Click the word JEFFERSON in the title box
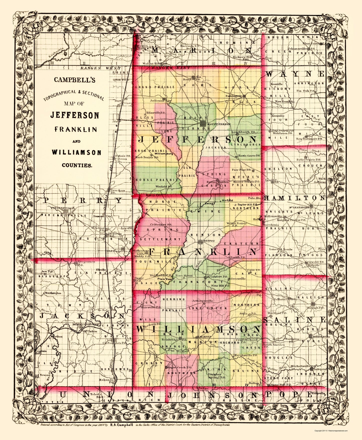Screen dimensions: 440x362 pyautogui.click(x=75, y=115)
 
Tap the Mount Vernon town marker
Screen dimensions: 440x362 pyautogui.click(x=203, y=123)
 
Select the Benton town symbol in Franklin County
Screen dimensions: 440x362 pyautogui.click(x=200, y=241)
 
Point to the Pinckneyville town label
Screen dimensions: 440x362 pyautogui.click(x=59, y=208)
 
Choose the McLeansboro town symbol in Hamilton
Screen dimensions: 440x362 pyautogui.click(x=311, y=206)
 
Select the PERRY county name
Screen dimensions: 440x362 pyautogui.click(x=83, y=200)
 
